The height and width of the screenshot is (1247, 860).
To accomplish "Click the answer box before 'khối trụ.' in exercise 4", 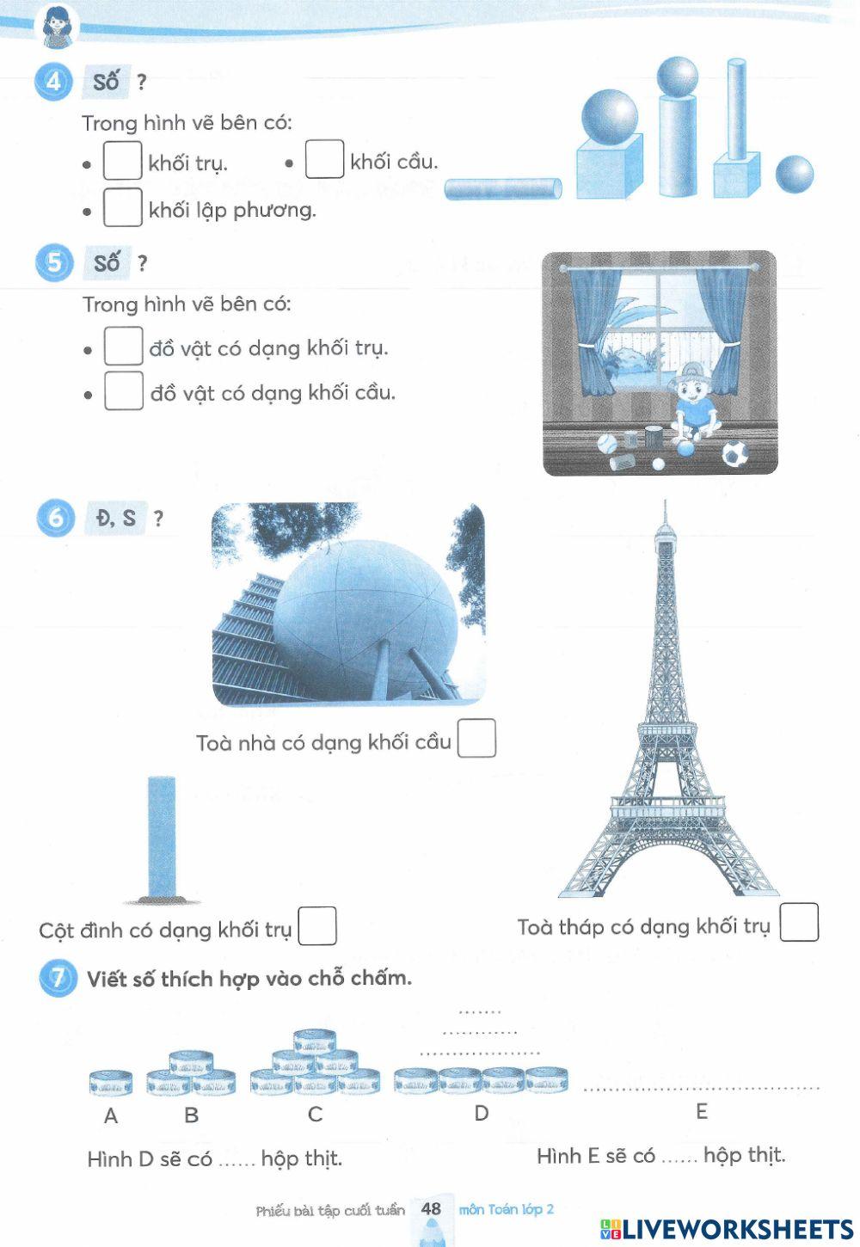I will (122, 161).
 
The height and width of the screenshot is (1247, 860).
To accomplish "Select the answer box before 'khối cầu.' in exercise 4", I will (324, 159).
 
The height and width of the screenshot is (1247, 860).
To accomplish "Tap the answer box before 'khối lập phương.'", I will (122, 207).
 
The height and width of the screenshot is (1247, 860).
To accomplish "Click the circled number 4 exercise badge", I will (53, 82).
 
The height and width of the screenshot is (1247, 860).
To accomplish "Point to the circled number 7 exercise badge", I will (57, 979).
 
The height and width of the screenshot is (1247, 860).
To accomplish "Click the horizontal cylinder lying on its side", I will (503, 188).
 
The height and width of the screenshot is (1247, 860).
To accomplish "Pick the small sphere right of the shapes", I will (794, 175).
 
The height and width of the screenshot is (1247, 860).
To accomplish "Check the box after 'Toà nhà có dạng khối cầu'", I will (476, 739).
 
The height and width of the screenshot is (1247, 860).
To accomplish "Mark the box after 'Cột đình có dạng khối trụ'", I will (316, 926).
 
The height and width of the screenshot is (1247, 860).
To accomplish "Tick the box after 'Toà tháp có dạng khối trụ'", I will (799, 923).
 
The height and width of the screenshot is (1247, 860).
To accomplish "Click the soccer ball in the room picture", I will (734, 453).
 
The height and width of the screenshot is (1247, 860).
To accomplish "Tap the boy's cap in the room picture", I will (688, 372).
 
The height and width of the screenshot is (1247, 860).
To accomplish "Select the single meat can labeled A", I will (111, 1083).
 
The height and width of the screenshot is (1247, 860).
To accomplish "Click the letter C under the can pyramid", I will (315, 1115).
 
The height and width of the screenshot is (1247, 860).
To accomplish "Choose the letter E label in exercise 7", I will (702, 1112).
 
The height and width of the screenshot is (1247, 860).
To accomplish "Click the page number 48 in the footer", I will (431, 1208).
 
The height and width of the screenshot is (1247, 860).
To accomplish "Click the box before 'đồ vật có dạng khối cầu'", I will (123, 390).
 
